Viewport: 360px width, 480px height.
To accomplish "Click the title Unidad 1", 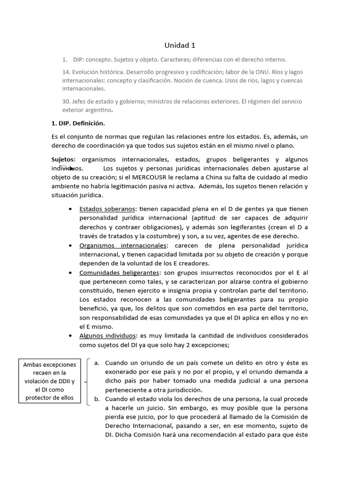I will pyautogui.click(x=180, y=45).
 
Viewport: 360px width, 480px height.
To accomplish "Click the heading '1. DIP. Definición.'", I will pyautogui.click(x=78, y=124).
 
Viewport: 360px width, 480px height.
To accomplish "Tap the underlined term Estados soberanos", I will pyautogui.click(x=108, y=209).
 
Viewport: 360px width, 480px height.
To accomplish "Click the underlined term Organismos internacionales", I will pyautogui.click(x=123, y=245).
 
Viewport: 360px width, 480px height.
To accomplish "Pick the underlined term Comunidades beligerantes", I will pyautogui.click(x=119, y=272).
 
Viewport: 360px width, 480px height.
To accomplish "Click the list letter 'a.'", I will pyautogui.click(x=97, y=363).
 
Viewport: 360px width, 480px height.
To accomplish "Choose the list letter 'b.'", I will pyautogui.click(x=97, y=399).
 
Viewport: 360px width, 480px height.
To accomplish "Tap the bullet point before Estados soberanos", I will pyautogui.click(x=70, y=209).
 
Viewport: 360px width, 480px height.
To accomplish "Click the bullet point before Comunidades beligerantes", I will pyautogui.click(x=70, y=273).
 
